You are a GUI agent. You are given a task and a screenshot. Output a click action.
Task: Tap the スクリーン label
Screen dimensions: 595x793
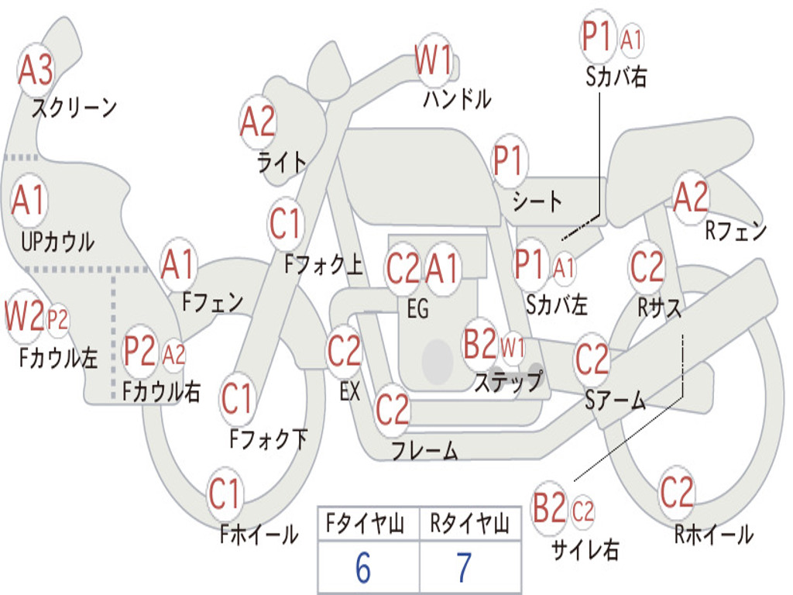tap(74, 108)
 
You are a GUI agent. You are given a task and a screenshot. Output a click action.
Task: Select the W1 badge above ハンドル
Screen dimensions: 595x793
tap(434, 60)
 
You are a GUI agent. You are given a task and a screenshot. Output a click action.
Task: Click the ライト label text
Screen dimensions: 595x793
tap(282, 161)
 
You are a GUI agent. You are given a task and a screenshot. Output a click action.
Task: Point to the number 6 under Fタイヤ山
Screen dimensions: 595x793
tap(363, 568)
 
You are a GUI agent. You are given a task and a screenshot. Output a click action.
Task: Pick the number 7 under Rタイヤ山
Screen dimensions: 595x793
tap(464, 568)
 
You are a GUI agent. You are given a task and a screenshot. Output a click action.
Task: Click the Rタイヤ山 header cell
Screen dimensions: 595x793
tap(469, 526)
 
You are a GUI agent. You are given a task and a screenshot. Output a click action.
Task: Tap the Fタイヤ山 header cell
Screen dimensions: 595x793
tap(368, 526)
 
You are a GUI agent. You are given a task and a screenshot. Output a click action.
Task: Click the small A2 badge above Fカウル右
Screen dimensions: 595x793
tap(174, 354)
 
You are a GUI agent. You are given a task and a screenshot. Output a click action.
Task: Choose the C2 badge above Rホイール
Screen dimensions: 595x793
tap(677, 492)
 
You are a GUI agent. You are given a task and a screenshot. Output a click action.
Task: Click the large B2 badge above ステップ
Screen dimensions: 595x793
tap(479, 345)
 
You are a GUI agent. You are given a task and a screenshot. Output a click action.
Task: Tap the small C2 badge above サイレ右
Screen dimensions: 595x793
tap(583, 511)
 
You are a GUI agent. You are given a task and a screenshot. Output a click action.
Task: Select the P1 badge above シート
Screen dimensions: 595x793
tap(509, 162)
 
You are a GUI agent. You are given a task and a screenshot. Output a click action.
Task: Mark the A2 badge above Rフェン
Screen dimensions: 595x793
tap(691, 198)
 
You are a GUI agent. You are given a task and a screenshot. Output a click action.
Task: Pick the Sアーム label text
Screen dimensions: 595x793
tap(615, 401)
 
